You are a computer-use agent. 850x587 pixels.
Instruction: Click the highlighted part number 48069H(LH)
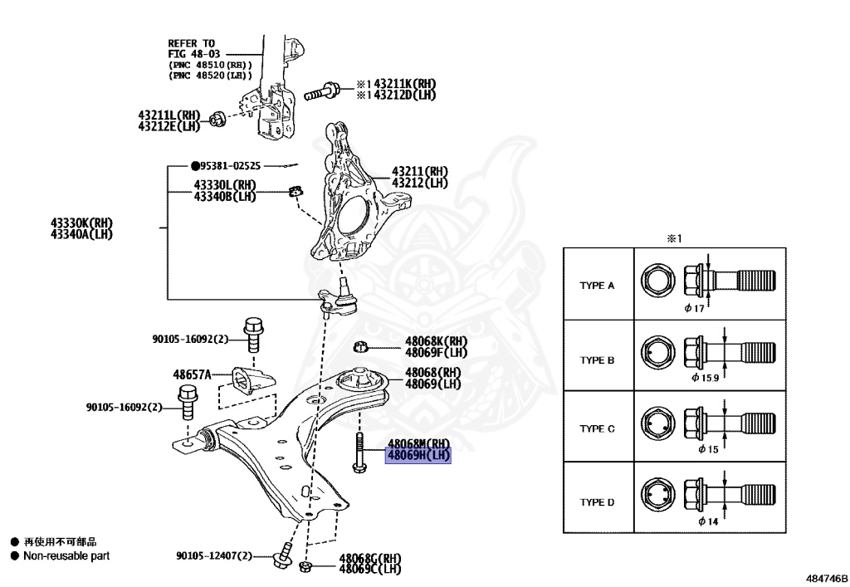tap(418, 455)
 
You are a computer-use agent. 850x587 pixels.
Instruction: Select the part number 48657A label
tap(192, 374)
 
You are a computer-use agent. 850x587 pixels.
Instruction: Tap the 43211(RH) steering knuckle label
tap(419, 172)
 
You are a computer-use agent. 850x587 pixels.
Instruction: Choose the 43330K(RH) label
tap(81, 223)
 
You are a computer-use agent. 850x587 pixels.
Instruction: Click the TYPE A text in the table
tap(597, 285)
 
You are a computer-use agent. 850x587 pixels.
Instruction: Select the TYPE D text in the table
tap(597, 502)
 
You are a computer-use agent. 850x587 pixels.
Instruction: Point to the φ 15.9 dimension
tap(706, 376)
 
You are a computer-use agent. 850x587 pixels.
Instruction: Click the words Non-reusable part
tap(66, 556)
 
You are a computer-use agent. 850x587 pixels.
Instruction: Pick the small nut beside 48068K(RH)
tap(360, 346)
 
